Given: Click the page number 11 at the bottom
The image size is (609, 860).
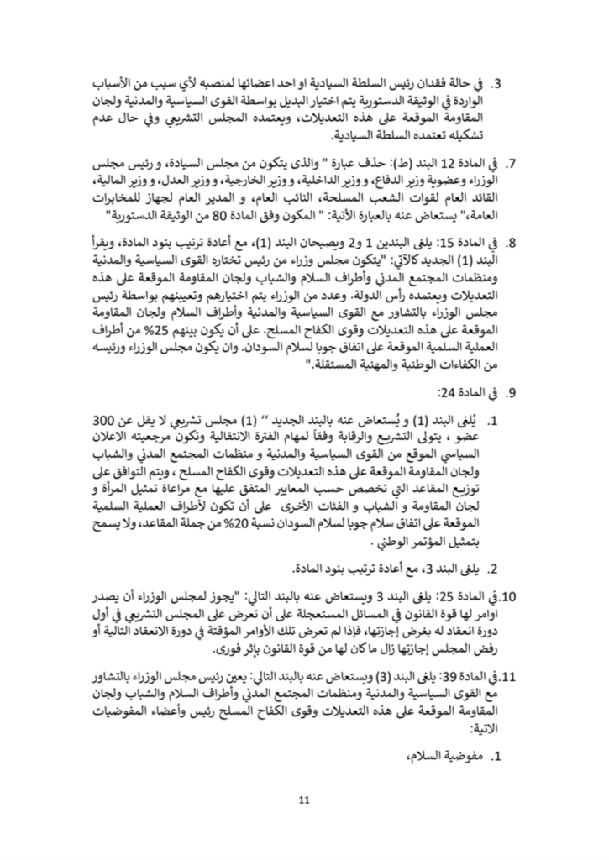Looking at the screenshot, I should (304, 798).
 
